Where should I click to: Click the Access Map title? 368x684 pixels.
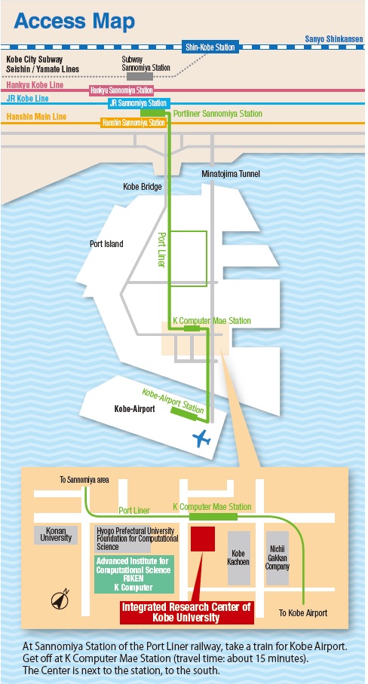pyautogui.click(x=74, y=21)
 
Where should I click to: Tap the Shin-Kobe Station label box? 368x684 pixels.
pyautogui.click(x=210, y=47)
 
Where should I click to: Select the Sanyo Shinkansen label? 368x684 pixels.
pyautogui.click(x=334, y=39)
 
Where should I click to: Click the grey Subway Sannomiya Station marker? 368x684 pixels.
pyautogui.click(x=140, y=76)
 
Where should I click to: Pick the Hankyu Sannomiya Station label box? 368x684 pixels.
pyautogui.click(x=121, y=90)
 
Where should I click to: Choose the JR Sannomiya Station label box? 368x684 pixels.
pyautogui.click(x=138, y=103)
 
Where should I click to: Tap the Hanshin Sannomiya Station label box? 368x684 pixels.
pyautogui.click(x=133, y=123)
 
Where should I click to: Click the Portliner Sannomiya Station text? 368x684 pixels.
pyautogui.click(x=218, y=114)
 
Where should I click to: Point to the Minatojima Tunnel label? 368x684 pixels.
pyautogui.click(x=231, y=174)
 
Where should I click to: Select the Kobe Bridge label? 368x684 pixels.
pyautogui.click(x=143, y=187)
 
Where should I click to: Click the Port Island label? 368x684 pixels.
pyautogui.click(x=106, y=244)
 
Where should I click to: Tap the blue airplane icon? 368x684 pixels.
pyautogui.click(x=201, y=438)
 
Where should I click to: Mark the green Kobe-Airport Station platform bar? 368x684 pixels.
pyautogui.click(x=184, y=414)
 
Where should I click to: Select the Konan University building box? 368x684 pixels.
pyautogui.click(x=56, y=535)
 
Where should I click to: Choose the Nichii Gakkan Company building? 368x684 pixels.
pyautogui.click(x=278, y=558)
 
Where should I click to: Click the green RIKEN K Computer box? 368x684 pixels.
pyautogui.click(x=134, y=574)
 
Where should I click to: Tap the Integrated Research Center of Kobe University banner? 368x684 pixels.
pyautogui.click(x=186, y=612)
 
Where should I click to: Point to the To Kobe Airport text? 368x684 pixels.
pyautogui.click(x=303, y=613)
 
